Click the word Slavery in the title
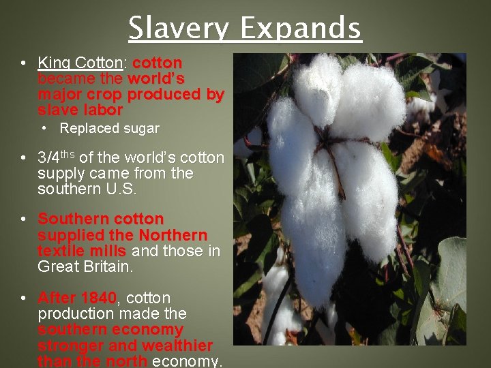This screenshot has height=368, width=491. point(179,29)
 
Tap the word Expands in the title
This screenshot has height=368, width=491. point(301,29)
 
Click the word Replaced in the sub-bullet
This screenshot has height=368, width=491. point(87,128)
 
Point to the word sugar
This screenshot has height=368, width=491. point(140,129)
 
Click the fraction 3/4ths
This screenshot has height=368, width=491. point(57,157)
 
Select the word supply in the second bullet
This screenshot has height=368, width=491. point(60,174)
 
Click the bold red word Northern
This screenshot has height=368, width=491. point(173,235)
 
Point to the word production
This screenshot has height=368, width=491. point(76,313)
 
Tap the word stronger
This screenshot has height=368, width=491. point(66,346)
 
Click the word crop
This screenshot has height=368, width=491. point(106,94)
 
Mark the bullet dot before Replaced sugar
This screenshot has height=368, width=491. point(44,128)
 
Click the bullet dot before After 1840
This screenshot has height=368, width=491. point(23,298)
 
